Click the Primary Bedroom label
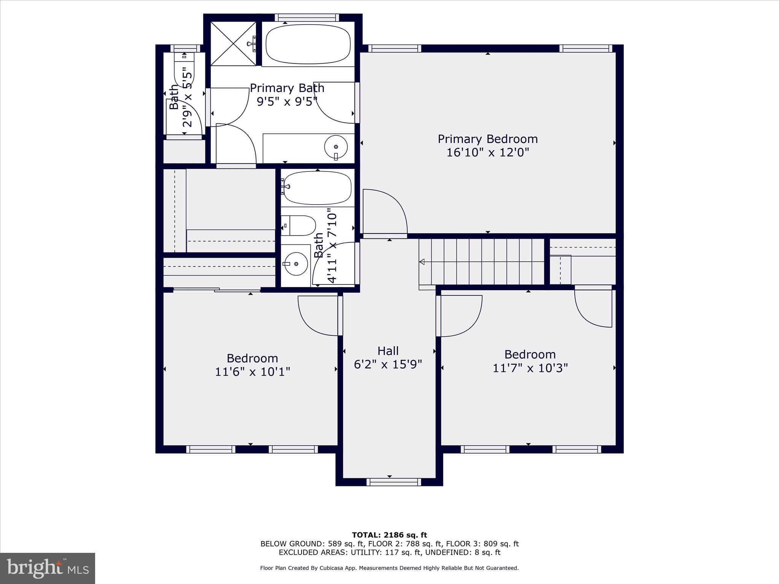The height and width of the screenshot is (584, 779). click(x=488, y=139)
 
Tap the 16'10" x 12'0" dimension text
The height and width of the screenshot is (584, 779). click(x=488, y=152)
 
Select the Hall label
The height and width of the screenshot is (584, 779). click(x=388, y=351)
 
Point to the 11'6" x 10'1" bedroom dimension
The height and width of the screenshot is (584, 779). click(x=253, y=371)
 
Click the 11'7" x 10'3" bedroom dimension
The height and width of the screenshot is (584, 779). click(x=530, y=368)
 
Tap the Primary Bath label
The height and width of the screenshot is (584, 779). click(x=287, y=88)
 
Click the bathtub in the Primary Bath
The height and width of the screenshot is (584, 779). click(x=308, y=44)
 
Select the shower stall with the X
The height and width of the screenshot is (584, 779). click(x=233, y=44)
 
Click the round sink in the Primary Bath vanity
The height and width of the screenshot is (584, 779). click(x=336, y=146)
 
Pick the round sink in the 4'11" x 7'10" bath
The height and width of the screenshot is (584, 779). click(x=296, y=263)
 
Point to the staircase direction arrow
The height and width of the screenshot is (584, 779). click(x=422, y=262)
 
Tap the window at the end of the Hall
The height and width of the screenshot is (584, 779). click(x=394, y=482)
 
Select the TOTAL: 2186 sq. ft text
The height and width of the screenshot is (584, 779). click(x=389, y=535)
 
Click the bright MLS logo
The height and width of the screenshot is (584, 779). click(x=48, y=568)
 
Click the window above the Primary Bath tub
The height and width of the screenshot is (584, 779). click(x=307, y=17)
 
